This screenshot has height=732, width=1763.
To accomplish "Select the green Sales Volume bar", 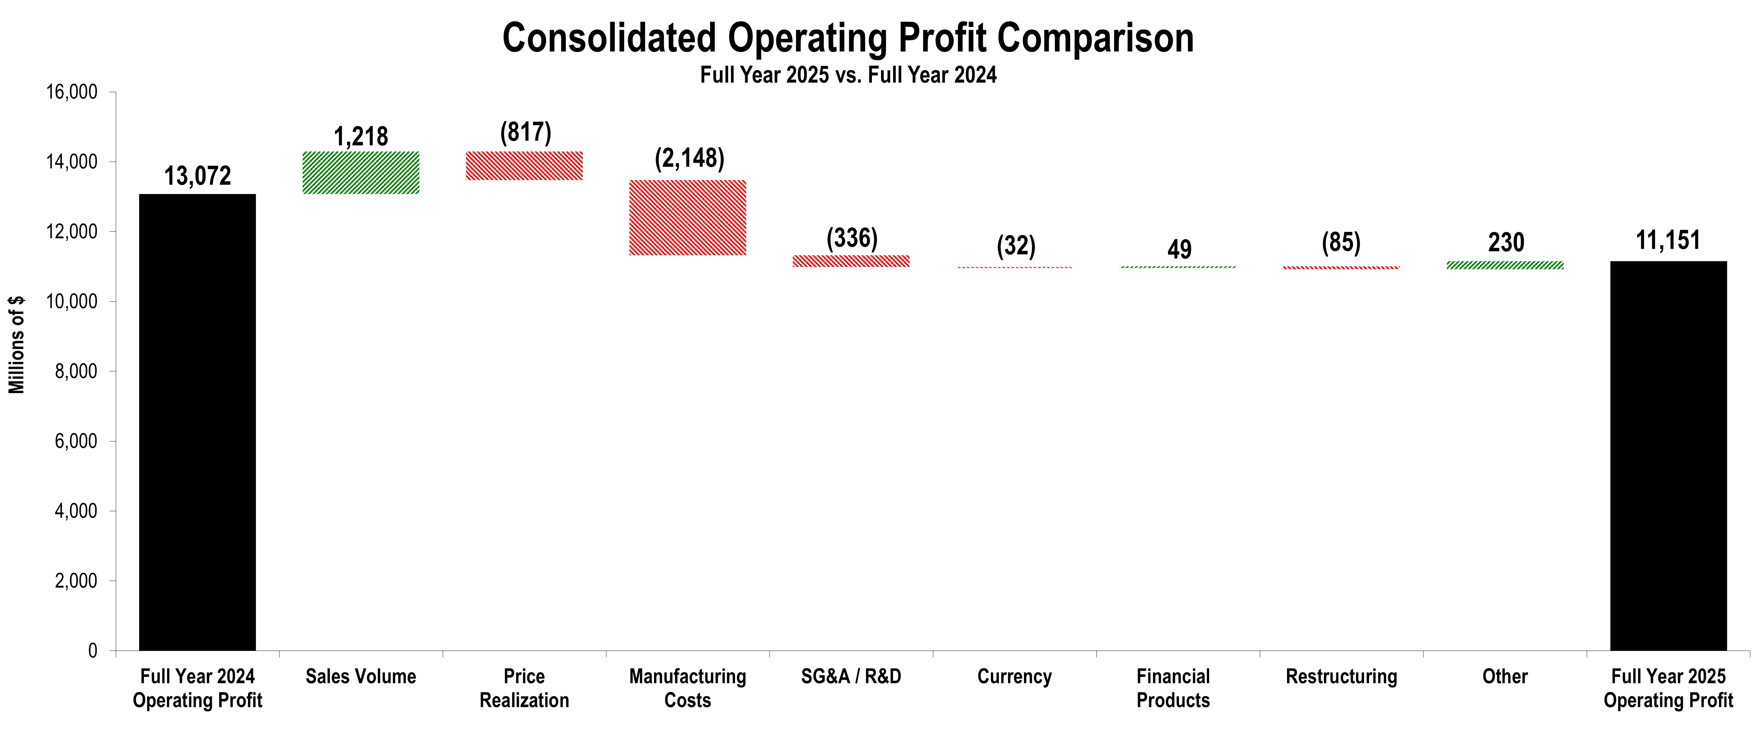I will [361, 173].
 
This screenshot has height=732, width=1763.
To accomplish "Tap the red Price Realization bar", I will [524, 166].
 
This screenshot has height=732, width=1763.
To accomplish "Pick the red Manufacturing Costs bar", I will [688, 218].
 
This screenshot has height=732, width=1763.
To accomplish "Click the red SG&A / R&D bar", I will [851, 261].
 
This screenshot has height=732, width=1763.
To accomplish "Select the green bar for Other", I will [1505, 265].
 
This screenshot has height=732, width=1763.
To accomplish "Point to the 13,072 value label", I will [197, 176].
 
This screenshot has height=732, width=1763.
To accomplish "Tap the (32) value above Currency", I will [1016, 246].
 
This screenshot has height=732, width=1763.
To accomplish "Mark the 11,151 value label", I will [1668, 240].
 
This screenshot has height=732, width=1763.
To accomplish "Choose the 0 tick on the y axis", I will [92, 651].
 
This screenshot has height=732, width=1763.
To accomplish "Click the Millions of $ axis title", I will [17, 344].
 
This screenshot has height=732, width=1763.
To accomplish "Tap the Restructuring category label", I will [1341, 677].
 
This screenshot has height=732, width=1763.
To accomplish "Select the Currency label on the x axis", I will [1014, 677].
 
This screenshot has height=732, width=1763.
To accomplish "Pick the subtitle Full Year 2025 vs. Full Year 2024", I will [848, 75].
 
